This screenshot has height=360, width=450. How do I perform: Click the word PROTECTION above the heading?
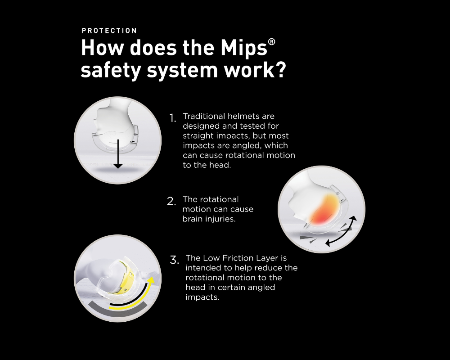pyautogui.click(x=109, y=31)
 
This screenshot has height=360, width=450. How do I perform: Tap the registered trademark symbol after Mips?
pyautogui.click(x=271, y=42)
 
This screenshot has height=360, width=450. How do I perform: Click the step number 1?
pyautogui.click(x=172, y=118)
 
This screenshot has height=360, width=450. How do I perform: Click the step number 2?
pyautogui.click(x=171, y=201)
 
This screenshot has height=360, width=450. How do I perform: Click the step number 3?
pyautogui.click(x=175, y=260)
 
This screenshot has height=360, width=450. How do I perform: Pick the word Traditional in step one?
pyautogui.click(x=204, y=116)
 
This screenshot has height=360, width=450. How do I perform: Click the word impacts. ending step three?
pyautogui.click(x=202, y=297)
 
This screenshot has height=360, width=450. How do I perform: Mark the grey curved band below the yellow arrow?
pyautogui.click(x=117, y=310)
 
